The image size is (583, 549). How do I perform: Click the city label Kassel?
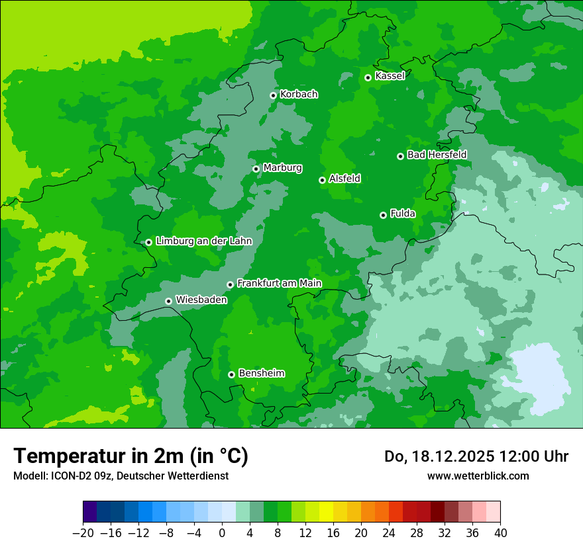point(390,76)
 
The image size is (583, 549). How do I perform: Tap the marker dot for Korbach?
point(273,95)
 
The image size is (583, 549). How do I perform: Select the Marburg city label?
point(282,168)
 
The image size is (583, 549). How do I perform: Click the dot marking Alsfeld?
point(322,180)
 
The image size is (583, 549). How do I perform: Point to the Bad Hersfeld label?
point(437,155)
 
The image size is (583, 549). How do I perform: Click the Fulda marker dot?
point(383,215)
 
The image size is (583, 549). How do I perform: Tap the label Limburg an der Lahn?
point(203,241)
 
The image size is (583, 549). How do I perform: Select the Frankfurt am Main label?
point(279,284)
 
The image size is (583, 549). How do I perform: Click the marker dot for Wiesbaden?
point(169,301)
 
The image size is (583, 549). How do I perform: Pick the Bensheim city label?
point(261,373)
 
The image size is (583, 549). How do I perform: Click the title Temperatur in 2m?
point(131,456)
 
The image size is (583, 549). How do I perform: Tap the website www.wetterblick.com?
point(478,476)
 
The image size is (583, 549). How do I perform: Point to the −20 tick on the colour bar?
point(83,533)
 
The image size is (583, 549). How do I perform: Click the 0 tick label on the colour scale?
point(222,533)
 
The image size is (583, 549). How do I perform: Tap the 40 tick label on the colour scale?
point(500,533)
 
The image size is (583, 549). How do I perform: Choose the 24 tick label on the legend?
point(389,533)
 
